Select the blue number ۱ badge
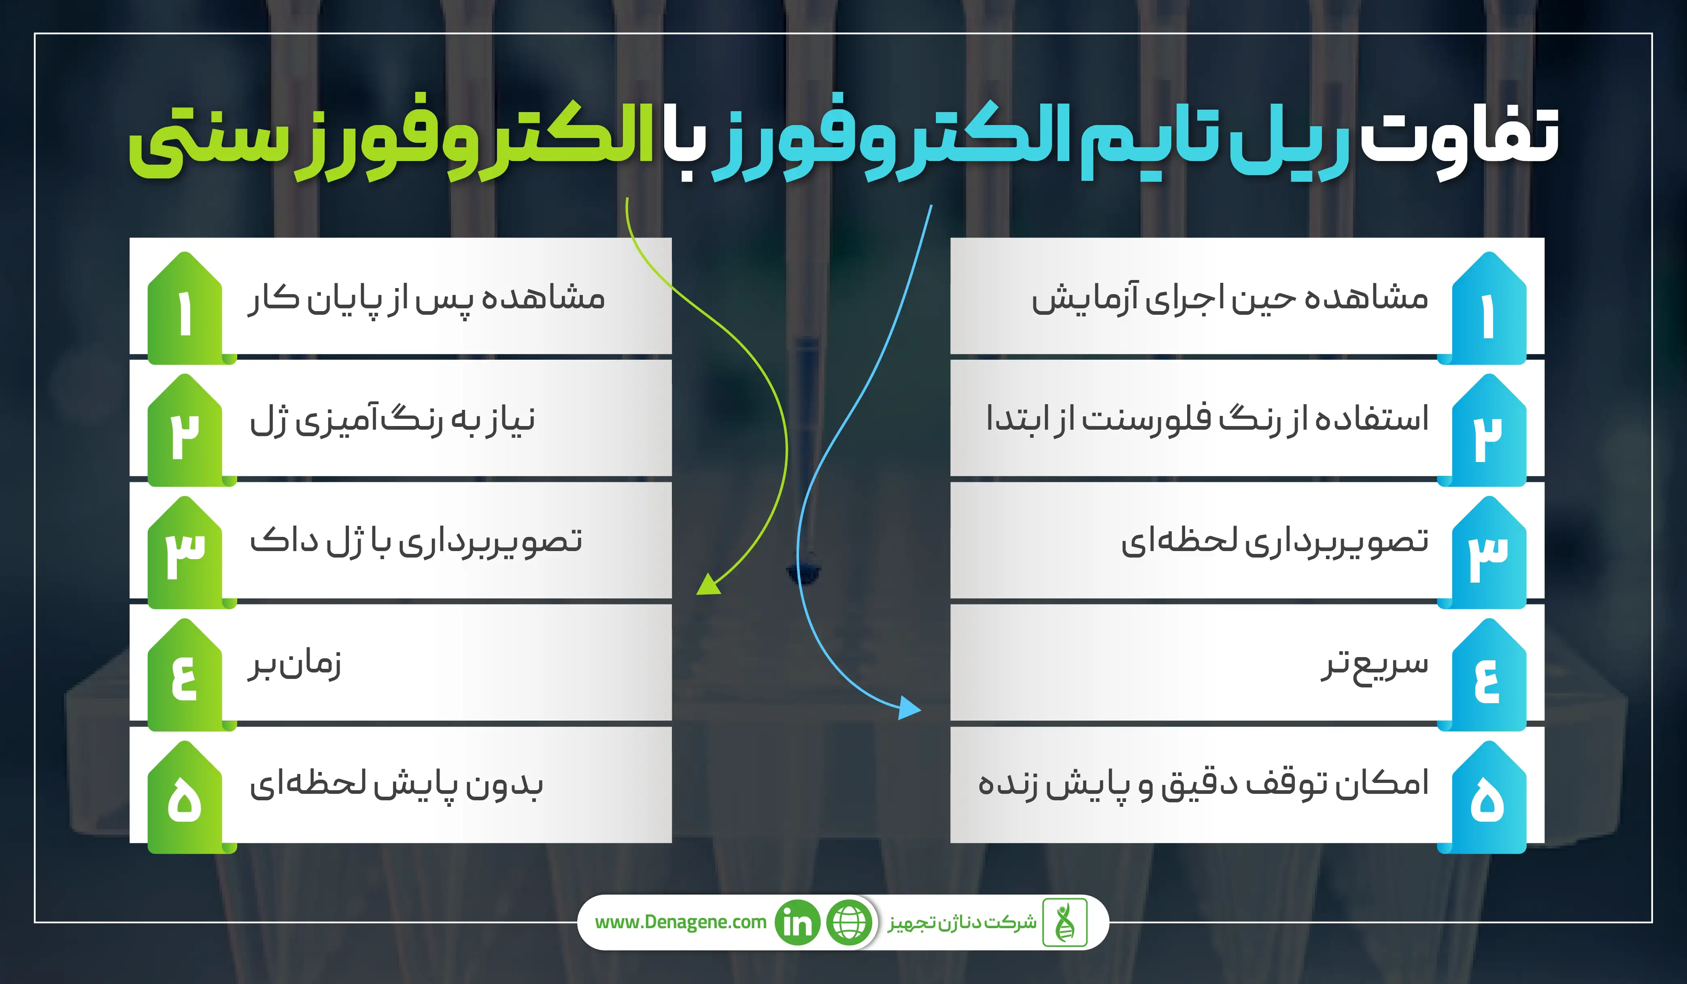tap(1488, 308)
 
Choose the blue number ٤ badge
tap(1488, 675)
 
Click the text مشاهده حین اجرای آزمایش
tap(1230, 298)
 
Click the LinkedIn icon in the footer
tap(797, 922)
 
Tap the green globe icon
tap(850, 922)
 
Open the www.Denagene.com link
tap(680, 922)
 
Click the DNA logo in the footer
tap(1064, 922)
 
